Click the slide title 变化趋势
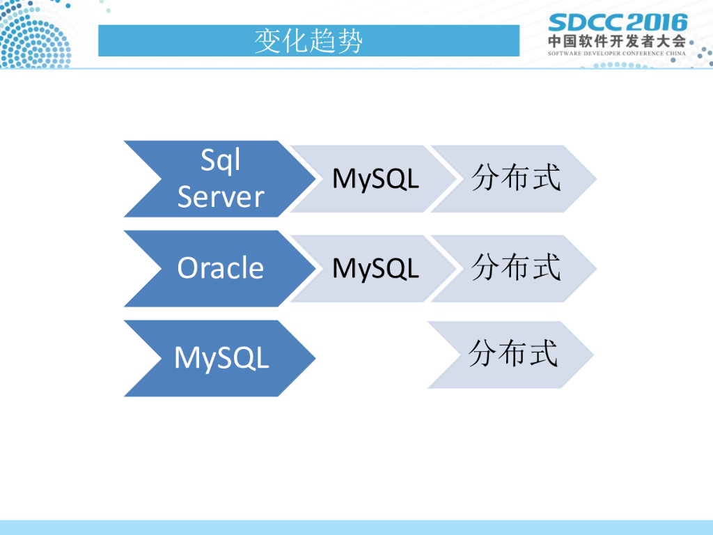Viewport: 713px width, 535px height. (308, 41)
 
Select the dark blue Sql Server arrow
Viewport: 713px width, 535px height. (209, 179)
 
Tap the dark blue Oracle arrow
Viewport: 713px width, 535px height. (209, 268)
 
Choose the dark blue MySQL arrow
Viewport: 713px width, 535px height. (209, 358)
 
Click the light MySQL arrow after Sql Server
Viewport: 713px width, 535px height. (369, 179)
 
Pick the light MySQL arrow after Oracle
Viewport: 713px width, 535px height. (369, 268)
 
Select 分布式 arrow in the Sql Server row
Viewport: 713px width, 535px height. (515, 179)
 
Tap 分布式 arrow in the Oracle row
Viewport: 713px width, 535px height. (515, 268)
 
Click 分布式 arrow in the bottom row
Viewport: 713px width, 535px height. (512, 355)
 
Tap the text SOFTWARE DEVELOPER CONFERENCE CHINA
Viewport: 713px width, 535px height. (617, 53)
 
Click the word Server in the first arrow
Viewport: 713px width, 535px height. (220, 197)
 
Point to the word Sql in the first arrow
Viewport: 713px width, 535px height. (220, 161)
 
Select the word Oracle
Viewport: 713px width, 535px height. (220, 268)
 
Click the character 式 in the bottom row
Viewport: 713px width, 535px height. (544, 353)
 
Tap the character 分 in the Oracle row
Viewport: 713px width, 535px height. (485, 267)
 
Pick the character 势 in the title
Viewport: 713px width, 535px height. (350, 41)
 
